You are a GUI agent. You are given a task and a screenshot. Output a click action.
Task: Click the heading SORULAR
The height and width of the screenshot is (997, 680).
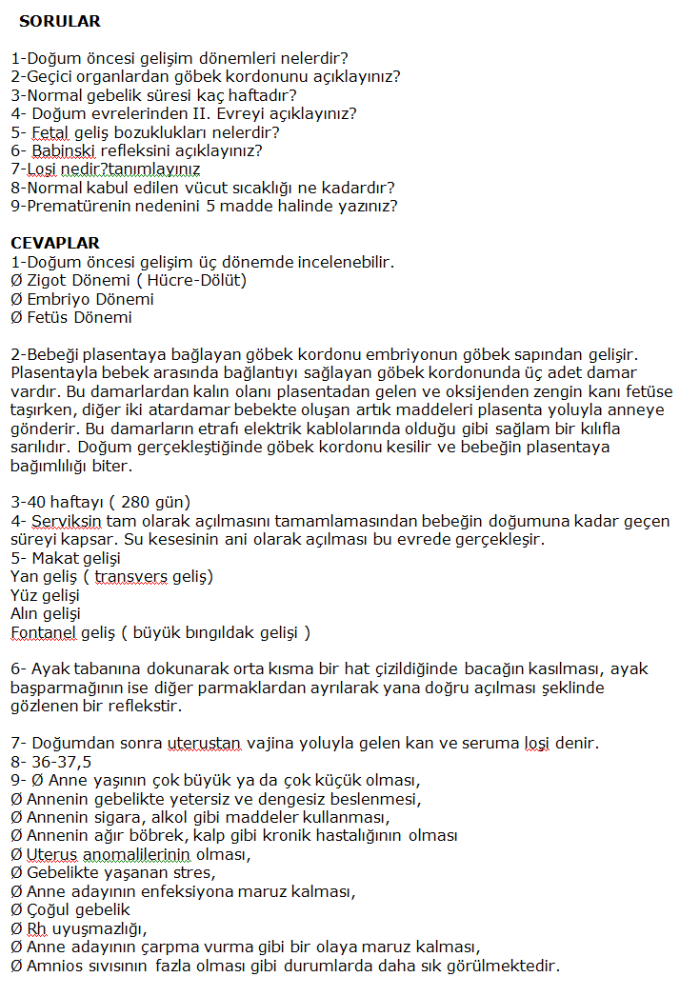pos(59,21)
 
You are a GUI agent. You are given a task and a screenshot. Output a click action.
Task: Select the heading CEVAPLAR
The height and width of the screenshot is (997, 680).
pos(54,243)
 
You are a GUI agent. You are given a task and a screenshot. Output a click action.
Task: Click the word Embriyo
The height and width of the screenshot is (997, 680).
pos(56,299)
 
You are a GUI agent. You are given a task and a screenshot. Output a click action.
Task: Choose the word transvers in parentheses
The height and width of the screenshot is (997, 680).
pos(127,577)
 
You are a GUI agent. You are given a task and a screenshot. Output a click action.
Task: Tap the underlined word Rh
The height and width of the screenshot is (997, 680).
pos(36,928)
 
